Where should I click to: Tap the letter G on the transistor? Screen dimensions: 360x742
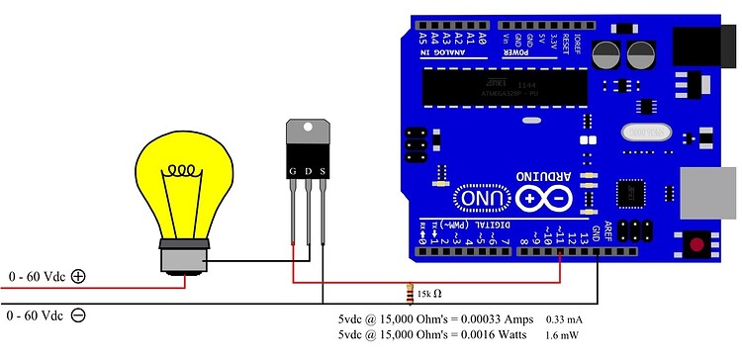293,171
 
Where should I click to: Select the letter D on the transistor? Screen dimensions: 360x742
308,171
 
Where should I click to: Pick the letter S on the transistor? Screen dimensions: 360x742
322,171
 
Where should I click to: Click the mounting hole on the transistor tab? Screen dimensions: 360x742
308,129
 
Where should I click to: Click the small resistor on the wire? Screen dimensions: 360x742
411,293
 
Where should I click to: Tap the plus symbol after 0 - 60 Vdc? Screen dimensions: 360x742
78,278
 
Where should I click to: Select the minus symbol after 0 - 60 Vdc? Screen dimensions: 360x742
78,315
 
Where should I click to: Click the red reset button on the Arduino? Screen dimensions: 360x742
699,243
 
